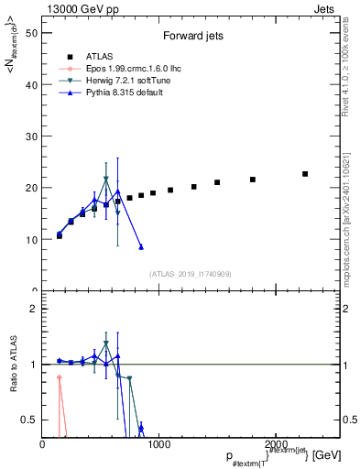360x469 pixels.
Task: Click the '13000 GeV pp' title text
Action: (79, 8)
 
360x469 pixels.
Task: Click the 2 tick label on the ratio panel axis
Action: (34, 309)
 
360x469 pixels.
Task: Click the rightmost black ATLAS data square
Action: (305, 174)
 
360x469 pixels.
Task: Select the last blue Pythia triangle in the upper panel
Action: (141, 247)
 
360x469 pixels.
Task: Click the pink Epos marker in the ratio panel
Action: (60, 377)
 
